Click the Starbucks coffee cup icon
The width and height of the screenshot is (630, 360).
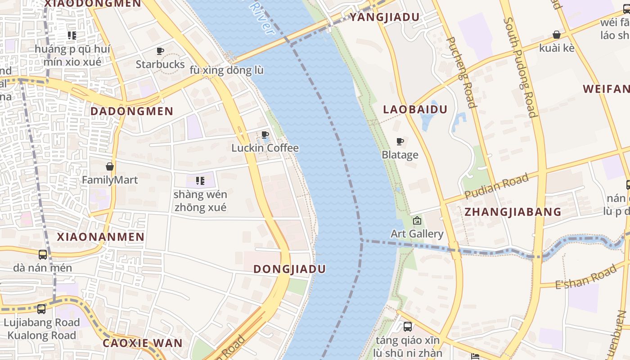click(160, 51)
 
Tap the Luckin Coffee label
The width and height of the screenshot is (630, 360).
click(265, 148)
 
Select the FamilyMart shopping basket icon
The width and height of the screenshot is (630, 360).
click(110, 166)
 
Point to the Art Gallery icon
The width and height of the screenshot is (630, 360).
click(417, 220)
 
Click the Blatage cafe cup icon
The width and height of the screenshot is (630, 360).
click(400, 142)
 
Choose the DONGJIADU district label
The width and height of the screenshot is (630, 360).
click(289, 269)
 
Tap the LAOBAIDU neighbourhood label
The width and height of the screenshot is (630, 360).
click(415, 109)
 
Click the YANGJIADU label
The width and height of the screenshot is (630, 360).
click(384, 17)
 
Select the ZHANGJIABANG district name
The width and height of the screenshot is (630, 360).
click(513, 212)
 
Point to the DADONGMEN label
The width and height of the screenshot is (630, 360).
click(132, 111)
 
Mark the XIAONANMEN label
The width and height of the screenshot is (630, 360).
click(101, 237)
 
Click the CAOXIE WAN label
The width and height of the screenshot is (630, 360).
click(143, 343)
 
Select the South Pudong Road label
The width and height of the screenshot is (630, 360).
click(521, 67)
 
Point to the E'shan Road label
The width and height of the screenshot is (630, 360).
click(585, 277)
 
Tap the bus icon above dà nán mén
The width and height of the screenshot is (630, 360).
click(43, 255)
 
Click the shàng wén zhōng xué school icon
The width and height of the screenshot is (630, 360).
click(200, 181)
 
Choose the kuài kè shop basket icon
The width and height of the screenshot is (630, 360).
click(557, 35)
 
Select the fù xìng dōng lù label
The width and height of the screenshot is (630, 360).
click(226, 71)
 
